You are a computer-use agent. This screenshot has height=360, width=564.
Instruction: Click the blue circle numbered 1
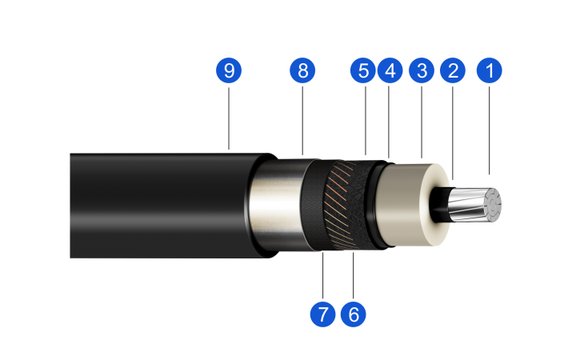pyautogui.click(x=489, y=70)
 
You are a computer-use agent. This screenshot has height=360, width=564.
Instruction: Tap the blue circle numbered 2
pyautogui.click(x=453, y=70)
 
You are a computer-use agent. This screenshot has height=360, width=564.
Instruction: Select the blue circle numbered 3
pyautogui.click(x=422, y=70)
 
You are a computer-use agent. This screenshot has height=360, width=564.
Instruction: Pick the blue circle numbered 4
pyautogui.click(x=390, y=70)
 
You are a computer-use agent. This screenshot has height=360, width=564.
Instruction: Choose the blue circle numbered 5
pyautogui.click(x=363, y=70)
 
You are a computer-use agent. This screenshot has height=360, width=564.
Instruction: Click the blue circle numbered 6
pyautogui.click(x=354, y=314)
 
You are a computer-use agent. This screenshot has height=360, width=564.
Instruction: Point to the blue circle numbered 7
pyautogui.click(x=322, y=314)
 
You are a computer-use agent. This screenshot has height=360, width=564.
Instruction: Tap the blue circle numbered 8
pyautogui.click(x=302, y=70)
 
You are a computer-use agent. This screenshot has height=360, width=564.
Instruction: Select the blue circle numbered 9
pyautogui.click(x=229, y=70)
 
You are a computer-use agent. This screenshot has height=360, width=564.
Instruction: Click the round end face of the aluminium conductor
pyautogui.click(x=493, y=204)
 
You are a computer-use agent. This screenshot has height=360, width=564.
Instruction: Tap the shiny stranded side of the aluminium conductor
pyautogui.click(x=468, y=204)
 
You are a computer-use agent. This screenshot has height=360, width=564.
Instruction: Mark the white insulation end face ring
pyautogui.click(x=436, y=205)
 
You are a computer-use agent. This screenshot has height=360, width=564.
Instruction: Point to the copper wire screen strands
pyautogui.click(x=342, y=205)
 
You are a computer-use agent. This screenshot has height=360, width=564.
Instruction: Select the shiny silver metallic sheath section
pyautogui.click(x=275, y=205)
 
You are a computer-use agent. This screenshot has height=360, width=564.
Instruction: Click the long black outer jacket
pyautogui.click(x=162, y=206)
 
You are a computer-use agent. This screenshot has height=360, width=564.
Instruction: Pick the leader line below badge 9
pyautogui.click(x=229, y=118)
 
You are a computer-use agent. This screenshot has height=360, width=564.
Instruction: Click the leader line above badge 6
pyautogui.click(x=354, y=275)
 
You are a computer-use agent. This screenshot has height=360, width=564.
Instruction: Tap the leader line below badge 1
pyautogui.click(x=489, y=130)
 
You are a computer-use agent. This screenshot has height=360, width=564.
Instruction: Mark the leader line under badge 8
pyautogui.click(x=302, y=121)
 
